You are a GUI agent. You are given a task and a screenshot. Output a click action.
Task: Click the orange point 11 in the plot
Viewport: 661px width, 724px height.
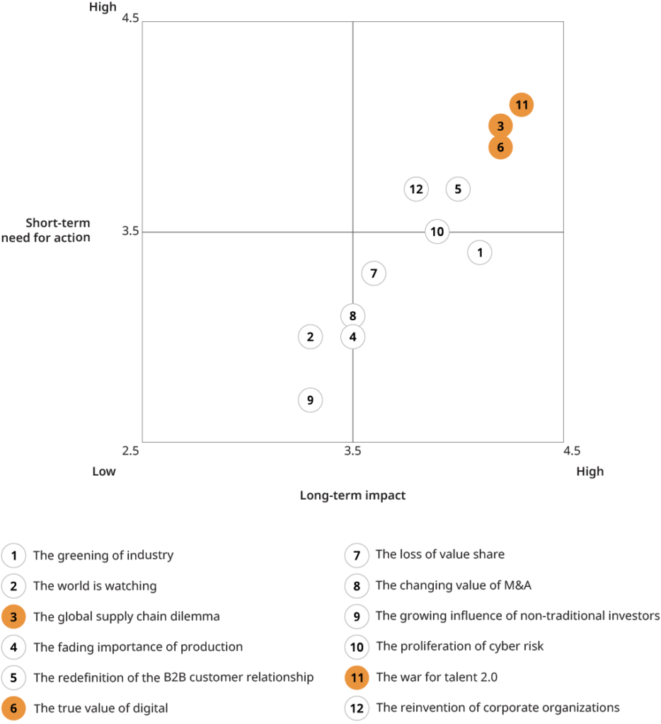(x=522, y=105)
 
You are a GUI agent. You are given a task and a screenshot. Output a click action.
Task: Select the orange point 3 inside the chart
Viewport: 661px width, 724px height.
(x=500, y=127)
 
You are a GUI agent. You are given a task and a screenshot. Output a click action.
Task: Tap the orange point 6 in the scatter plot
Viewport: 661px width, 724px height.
(x=500, y=147)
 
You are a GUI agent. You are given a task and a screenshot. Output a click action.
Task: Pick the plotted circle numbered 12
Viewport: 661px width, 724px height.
(x=416, y=189)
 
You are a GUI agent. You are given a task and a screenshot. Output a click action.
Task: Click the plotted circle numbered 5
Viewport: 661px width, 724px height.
(x=458, y=189)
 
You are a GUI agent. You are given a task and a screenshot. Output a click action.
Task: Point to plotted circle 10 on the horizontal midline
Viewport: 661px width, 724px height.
(x=437, y=231)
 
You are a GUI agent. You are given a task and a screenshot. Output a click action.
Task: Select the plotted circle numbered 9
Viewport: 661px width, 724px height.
(x=310, y=400)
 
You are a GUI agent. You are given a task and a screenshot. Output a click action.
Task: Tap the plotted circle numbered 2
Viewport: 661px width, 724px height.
(x=310, y=337)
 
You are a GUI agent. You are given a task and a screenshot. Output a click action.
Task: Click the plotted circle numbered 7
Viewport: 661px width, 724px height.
(x=374, y=273)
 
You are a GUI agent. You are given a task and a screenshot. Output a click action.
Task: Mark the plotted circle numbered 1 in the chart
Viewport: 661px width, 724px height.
(x=480, y=252)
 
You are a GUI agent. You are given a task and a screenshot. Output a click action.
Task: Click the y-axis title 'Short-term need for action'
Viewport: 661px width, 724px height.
(x=47, y=230)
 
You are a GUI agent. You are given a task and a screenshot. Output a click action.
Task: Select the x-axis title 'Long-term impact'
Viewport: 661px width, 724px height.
(x=352, y=496)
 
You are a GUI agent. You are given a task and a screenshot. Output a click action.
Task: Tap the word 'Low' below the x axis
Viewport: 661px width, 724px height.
(x=103, y=472)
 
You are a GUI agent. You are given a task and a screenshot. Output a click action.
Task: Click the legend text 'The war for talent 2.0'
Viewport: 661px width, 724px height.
(x=437, y=677)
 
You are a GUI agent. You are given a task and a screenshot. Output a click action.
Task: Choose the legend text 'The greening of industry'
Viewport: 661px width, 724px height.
(x=103, y=555)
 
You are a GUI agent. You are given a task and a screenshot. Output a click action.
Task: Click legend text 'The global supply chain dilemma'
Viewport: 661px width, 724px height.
(x=127, y=617)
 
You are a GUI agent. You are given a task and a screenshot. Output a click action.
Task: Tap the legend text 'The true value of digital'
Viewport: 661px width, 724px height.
(x=100, y=708)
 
